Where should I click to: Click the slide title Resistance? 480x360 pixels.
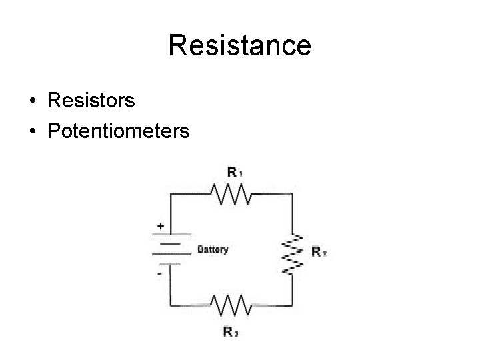[239, 45]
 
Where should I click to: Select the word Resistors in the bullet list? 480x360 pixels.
[91, 101]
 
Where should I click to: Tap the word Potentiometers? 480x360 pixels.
[119, 130]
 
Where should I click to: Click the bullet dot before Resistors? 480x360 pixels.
[33, 101]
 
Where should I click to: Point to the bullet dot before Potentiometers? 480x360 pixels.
[33, 131]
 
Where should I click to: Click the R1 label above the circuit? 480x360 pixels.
[234, 172]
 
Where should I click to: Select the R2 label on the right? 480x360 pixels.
[319, 252]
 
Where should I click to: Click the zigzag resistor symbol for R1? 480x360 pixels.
[231, 194]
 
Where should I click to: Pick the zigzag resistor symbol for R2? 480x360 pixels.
[292, 252]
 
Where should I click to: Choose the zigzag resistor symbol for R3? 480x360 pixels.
[231, 305]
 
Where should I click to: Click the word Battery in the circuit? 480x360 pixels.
[212, 250]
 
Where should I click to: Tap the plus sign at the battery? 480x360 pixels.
[160, 226]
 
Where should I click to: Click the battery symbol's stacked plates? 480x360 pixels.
[171, 249]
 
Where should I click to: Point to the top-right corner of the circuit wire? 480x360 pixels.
[292, 194]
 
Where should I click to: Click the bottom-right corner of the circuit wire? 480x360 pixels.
[292, 305]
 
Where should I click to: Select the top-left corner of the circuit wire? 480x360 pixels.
[171, 194]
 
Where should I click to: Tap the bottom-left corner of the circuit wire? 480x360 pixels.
[171, 305]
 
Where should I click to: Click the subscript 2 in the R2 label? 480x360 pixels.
[324, 254]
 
